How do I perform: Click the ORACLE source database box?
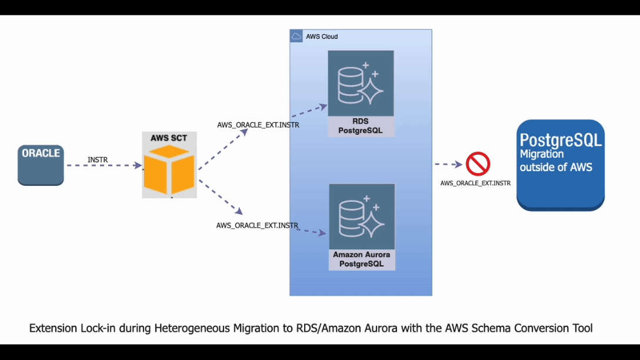41,164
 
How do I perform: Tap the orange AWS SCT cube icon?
169,171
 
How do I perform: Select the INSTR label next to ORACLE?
98,159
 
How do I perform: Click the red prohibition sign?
478,165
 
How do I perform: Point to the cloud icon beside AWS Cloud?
296,36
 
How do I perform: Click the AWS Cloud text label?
322,36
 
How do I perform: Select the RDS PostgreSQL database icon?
361,83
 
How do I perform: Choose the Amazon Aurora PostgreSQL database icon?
362,216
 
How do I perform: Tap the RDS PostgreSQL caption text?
360,126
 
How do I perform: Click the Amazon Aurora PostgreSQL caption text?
361,259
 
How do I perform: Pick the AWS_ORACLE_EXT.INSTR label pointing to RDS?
258,125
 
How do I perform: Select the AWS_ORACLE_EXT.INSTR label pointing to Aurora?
257,225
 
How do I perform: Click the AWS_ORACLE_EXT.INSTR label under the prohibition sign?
475,184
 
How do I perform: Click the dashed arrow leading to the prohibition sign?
448,165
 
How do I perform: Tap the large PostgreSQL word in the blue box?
561,140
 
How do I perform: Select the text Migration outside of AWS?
555,161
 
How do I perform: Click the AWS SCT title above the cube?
169,138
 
